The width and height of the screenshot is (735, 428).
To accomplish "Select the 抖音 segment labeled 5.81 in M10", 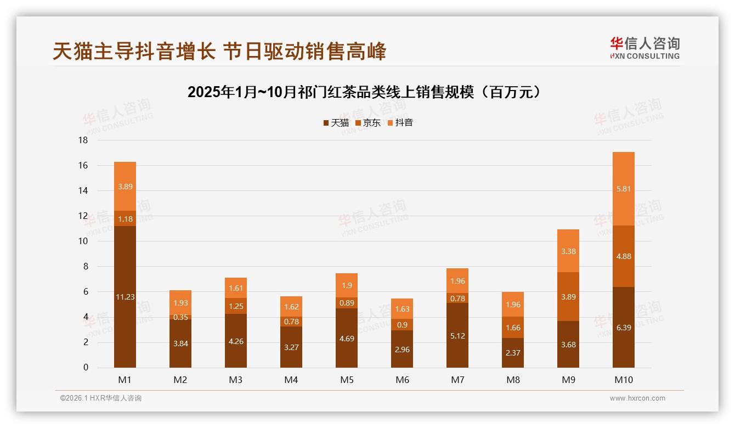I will tap(624, 189).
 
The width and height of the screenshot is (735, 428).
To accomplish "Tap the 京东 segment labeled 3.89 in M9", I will tap(568, 297).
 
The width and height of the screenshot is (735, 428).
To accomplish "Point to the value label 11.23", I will tap(125, 297).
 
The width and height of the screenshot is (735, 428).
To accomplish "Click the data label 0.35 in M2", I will tap(180, 317).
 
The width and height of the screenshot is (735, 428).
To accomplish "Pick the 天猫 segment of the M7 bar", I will tap(457, 336).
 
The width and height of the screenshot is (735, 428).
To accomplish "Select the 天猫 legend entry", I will tap(336, 123).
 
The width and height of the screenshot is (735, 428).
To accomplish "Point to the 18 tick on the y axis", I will tap(83, 140).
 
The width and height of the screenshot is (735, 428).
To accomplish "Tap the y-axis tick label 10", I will tap(83, 241).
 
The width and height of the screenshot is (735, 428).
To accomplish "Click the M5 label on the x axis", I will tap(347, 380).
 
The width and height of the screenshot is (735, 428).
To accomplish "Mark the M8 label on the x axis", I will tap(513, 380).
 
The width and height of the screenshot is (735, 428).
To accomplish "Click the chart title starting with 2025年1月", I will tap(367, 92).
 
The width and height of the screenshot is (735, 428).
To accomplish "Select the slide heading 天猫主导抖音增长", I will tap(219, 52).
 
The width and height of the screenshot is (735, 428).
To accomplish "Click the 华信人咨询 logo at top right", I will tap(644, 48).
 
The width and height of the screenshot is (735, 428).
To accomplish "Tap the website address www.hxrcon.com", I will tap(637, 398).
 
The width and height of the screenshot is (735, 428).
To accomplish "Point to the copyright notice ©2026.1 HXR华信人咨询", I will tap(101, 398).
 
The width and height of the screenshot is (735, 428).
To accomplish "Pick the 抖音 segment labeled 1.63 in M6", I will tap(402, 309).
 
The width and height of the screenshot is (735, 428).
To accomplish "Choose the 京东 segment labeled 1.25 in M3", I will tap(236, 306).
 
